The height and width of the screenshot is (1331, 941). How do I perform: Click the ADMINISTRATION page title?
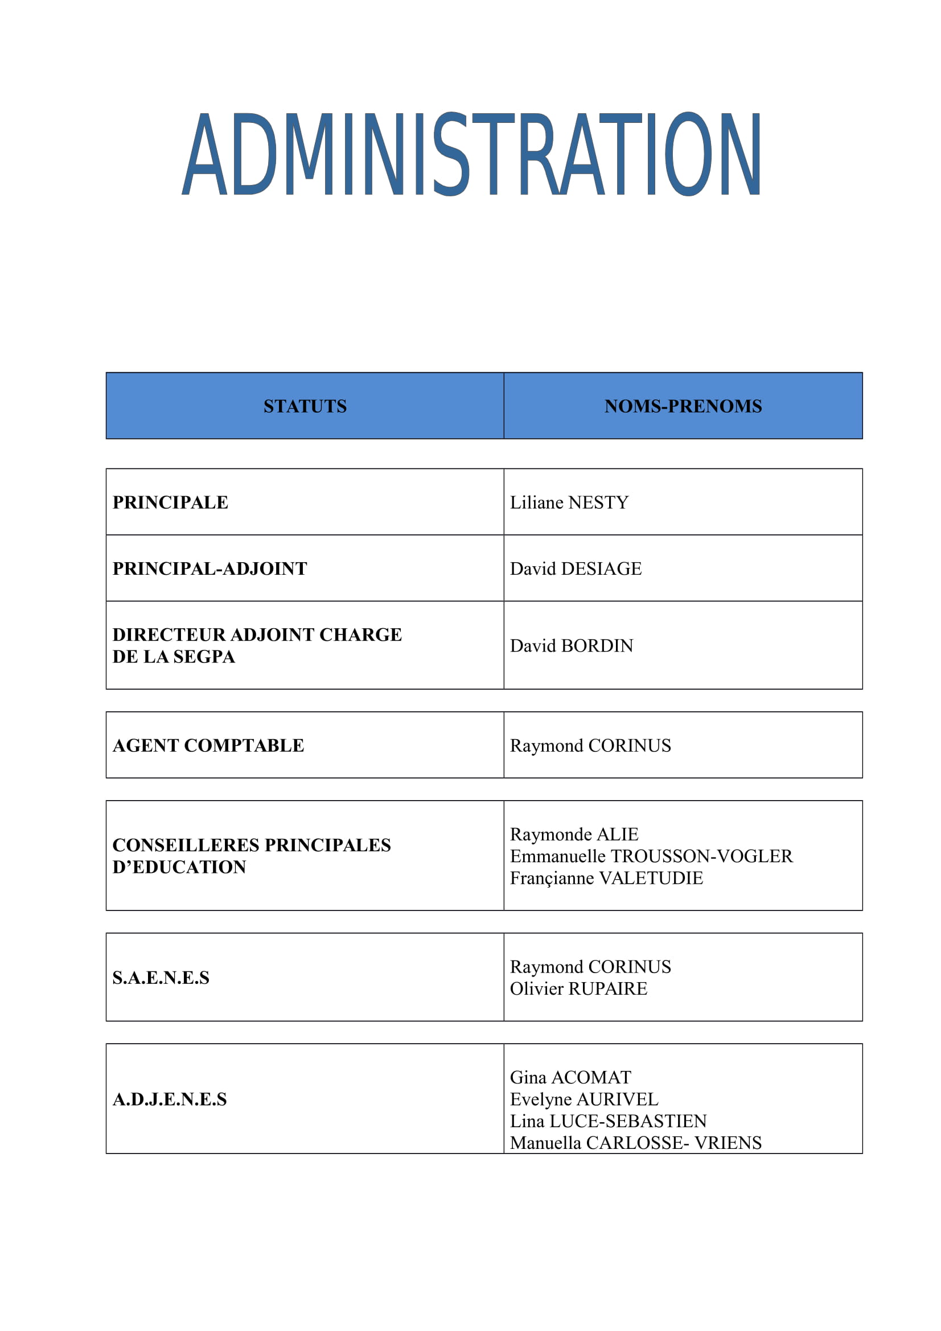471,154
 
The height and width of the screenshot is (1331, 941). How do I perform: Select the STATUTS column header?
305,406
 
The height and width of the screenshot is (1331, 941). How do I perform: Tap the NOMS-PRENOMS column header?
683,406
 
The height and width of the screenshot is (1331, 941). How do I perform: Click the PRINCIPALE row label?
170,502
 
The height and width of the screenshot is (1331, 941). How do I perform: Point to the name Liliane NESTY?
569,502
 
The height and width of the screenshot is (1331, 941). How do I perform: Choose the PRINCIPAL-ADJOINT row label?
209,568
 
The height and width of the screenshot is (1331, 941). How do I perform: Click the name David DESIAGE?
576,568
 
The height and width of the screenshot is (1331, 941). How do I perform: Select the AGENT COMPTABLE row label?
208,745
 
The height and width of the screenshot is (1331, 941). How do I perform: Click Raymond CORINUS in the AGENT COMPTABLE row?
590,745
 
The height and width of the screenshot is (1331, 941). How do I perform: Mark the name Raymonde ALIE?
574,834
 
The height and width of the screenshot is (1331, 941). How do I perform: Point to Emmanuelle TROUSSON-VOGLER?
651,856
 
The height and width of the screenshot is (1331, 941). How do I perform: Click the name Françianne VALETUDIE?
606,877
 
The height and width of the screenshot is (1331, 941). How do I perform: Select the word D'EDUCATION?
179,867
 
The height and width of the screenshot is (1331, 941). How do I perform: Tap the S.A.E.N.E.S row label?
161,978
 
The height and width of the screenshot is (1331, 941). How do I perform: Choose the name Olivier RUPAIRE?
578,988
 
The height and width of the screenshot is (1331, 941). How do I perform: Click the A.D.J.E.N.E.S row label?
169,1099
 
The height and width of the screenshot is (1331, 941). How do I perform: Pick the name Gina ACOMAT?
570,1077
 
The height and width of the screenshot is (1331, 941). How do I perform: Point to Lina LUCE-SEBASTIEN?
608,1121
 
